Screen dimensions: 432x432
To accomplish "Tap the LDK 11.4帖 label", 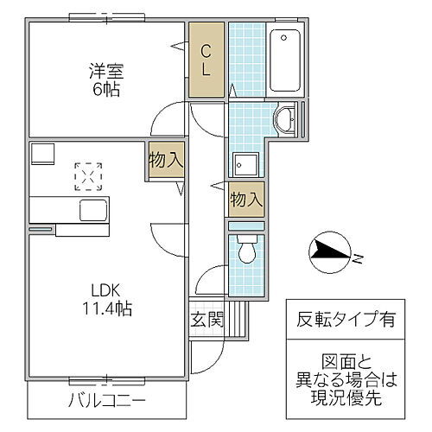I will click(106, 297).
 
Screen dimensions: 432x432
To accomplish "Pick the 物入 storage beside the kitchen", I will click(164, 161).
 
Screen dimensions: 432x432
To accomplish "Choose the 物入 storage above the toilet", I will click(246, 199).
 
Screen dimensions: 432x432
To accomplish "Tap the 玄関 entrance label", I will click(207, 319).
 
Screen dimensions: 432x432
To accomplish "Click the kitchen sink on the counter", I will click(91, 209).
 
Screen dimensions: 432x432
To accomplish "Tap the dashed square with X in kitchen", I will click(87, 175).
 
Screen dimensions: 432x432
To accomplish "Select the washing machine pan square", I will click(246, 165).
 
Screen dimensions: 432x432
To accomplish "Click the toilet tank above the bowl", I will click(246, 227).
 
